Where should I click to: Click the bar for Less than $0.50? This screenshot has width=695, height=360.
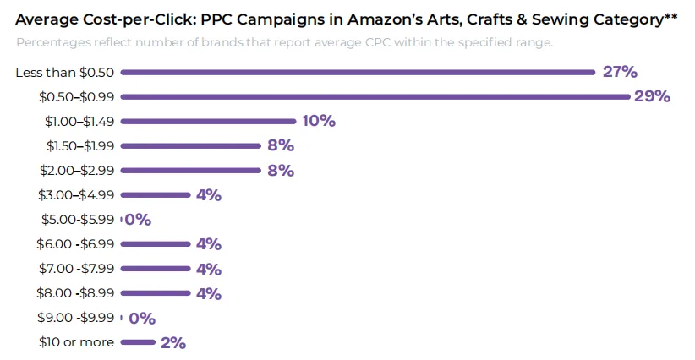click(x=358, y=72)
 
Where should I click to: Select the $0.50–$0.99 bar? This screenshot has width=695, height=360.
click(x=375, y=96)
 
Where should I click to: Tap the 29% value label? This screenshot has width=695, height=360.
click(x=652, y=96)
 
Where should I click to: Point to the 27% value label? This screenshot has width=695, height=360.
click(x=620, y=72)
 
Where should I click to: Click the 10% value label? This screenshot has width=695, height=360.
click(x=319, y=121)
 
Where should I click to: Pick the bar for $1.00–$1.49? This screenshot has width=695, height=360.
click(x=208, y=122)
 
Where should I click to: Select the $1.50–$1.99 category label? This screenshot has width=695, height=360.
click(x=80, y=145)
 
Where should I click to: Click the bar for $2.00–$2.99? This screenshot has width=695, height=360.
click(x=190, y=171)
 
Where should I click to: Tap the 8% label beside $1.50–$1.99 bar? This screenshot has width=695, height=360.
click(x=281, y=145)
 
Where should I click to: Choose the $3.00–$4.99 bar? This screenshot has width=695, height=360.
click(x=156, y=195)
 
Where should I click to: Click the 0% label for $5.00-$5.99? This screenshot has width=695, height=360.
click(x=138, y=220)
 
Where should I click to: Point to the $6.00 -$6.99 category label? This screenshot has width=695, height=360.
click(x=75, y=244)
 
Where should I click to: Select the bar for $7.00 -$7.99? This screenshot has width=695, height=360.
click(x=156, y=269)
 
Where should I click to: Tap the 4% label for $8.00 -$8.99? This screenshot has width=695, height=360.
click(x=209, y=293)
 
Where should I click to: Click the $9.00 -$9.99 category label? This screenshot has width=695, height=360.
click(x=76, y=318)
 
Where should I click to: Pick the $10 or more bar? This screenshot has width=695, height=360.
click(x=138, y=342)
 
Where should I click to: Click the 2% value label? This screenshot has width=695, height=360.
click(x=173, y=343)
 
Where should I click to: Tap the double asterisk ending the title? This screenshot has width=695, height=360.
click(x=670, y=17)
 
